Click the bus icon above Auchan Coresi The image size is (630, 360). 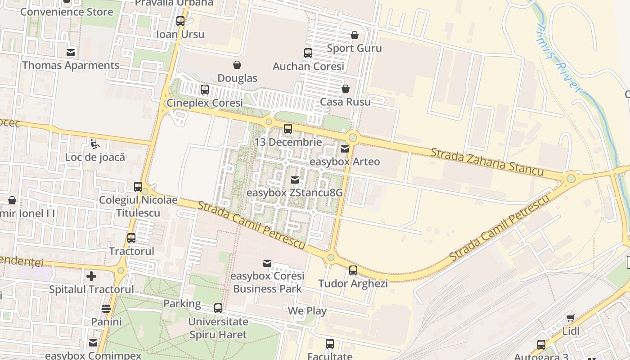[308, 53]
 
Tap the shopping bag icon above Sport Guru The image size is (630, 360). [355, 35]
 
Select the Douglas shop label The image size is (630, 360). [237, 78]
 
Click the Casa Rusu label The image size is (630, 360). [345, 102]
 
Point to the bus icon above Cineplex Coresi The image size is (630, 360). [205, 90]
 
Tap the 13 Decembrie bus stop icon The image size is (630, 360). [288, 129]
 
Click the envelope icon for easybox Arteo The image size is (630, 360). [345, 148]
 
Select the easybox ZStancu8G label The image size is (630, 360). [295, 193]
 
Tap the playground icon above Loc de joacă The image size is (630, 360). [95, 144]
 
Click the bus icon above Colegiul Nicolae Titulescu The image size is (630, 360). [138, 187]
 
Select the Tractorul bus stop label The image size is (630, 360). [132, 251]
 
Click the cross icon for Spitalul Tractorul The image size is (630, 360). [91, 276]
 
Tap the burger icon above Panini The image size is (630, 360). [106, 309]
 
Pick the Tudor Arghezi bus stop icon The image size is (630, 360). [353, 270]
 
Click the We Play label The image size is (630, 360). [307, 310]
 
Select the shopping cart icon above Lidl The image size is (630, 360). [571, 318]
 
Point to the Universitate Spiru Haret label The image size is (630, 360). [218, 328]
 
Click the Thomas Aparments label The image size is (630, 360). [71, 65]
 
